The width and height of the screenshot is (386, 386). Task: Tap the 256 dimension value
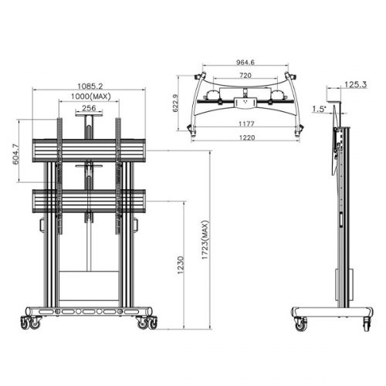tap(89, 108)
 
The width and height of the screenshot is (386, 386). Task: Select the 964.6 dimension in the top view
tap(245, 65)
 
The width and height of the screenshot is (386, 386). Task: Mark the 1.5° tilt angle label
tap(320, 109)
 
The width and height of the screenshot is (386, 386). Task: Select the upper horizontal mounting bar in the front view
tap(87, 151)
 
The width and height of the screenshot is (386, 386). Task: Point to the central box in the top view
tap(245, 100)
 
